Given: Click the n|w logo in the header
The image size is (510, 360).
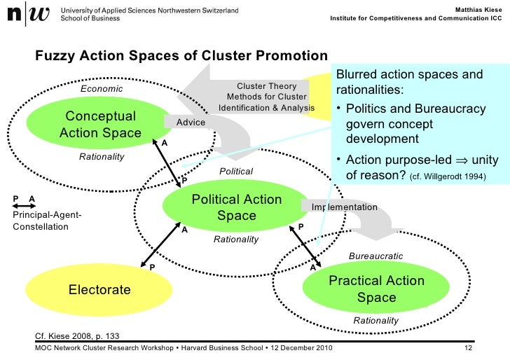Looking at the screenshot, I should coord(27,15).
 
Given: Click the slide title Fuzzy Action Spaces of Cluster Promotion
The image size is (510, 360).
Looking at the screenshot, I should coord(181,55).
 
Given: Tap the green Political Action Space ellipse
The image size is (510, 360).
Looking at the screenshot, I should coord(236,207).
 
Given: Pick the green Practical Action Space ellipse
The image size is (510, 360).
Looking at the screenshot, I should coord(376,289).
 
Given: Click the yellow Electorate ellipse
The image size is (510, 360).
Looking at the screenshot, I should coord(99,289).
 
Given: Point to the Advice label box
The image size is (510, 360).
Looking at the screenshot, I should coord(191,123).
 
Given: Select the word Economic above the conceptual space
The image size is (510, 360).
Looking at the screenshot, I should coord(102,89).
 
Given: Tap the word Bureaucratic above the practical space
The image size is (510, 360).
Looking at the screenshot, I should coord(375,256).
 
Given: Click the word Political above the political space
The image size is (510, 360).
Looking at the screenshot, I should coord(236,171).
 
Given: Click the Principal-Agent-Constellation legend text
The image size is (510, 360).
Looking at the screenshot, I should coord(47,221).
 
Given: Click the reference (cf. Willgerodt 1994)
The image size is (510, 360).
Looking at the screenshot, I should coord(447,176).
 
